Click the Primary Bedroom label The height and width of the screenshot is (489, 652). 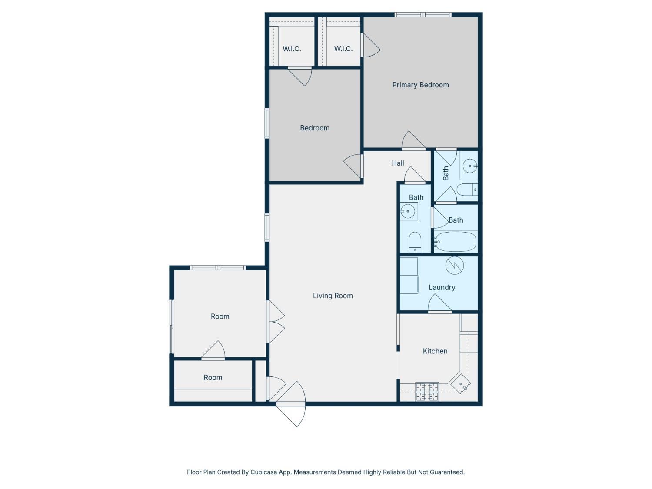click(x=420, y=85)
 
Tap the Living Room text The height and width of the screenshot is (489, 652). click(x=333, y=296)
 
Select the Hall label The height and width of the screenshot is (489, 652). click(x=398, y=163)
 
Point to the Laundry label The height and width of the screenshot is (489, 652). click(x=442, y=288)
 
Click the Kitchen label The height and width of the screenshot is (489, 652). click(x=435, y=351)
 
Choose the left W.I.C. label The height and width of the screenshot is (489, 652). click(x=292, y=49)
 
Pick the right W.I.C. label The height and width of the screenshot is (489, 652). click(x=343, y=49)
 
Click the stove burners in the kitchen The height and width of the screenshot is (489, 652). click(x=427, y=391)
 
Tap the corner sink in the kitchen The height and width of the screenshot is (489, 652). click(x=461, y=384)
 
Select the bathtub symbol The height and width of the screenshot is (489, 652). click(x=455, y=242)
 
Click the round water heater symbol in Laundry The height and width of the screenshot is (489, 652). click(x=454, y=265)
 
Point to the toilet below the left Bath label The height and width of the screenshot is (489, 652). click(x=415, y=242)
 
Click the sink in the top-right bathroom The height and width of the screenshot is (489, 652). click(x=469, y=166)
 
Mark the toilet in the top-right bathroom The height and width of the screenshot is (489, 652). click(x=468, y=190)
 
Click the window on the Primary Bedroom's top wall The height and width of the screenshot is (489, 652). click(x=423, y=15)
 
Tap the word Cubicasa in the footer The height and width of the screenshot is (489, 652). click(x=265, y=472)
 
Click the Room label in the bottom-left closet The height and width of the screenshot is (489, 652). click(x=213, y=378)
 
